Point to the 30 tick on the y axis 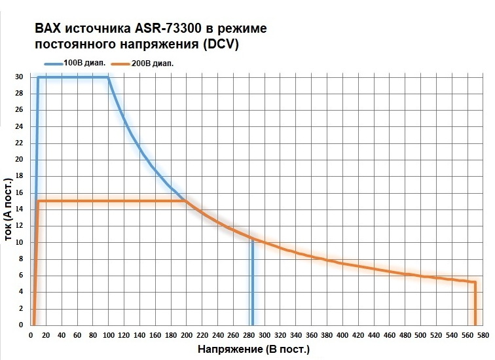(x=19, y=77)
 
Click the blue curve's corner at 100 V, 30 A (x=108, y=77)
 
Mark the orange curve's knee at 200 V (x=186, y=201)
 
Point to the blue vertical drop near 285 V (x=252, y=281)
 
